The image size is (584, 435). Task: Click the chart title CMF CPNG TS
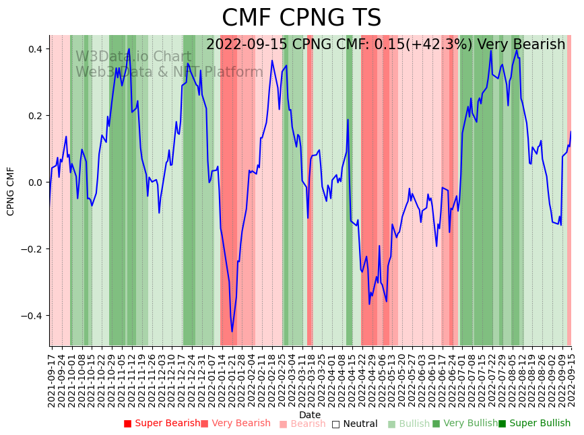(x=301, y=18)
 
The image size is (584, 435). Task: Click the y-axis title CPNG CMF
(x=11, y=191)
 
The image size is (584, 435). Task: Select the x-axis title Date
(x=310, y=415)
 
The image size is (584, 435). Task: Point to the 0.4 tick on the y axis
(x=35, y=49)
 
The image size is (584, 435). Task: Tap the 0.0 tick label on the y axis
(x=35, y=182)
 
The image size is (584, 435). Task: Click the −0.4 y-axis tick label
(x=32, y=316)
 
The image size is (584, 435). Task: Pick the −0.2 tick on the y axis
(x=32, y=249)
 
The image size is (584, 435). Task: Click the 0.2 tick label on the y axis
(x=35, y=116)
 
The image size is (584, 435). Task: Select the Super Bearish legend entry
(x=162, y=424)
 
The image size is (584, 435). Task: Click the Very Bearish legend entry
(x=235, y=424)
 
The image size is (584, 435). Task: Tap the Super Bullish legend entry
(x=534, y=424)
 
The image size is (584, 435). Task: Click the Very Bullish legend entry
(x=464, y=424)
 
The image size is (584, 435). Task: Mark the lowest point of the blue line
(x=232, y=331)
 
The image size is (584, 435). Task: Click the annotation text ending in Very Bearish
(x=385, y=45)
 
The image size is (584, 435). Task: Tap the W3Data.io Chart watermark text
(x=133, y=57)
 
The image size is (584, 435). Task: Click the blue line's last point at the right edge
(x=571, y=132)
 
